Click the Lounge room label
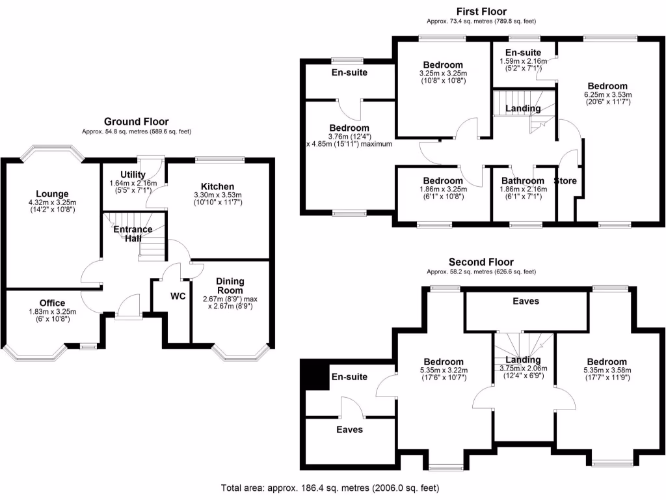coord(52,193)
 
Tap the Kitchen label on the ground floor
coord(217,187)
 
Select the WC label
coord(178,296)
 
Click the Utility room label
coord(133,174)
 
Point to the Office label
coord(52,303)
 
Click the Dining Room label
coord(230,286)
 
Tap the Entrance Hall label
coord(133,234)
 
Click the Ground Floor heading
coord(136,121)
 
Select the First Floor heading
coord(481,10)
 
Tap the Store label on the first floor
coord(565,180)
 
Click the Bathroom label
coord(522,180)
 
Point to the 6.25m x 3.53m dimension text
coord(607,94)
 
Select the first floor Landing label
coord(524,108)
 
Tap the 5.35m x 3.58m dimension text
coord(606,371)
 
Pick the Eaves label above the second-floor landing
coord(526,301)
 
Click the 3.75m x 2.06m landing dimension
coord(523,368)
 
